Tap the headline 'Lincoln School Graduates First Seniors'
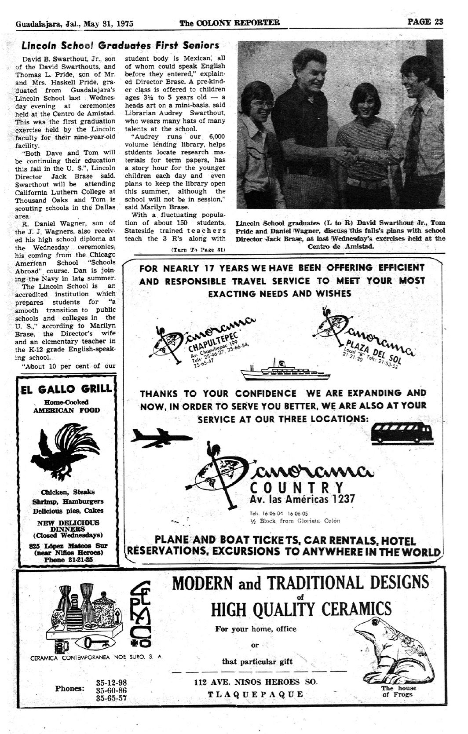pos(121,45)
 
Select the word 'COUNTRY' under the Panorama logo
pos(296,488)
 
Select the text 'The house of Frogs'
pos(399,691)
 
